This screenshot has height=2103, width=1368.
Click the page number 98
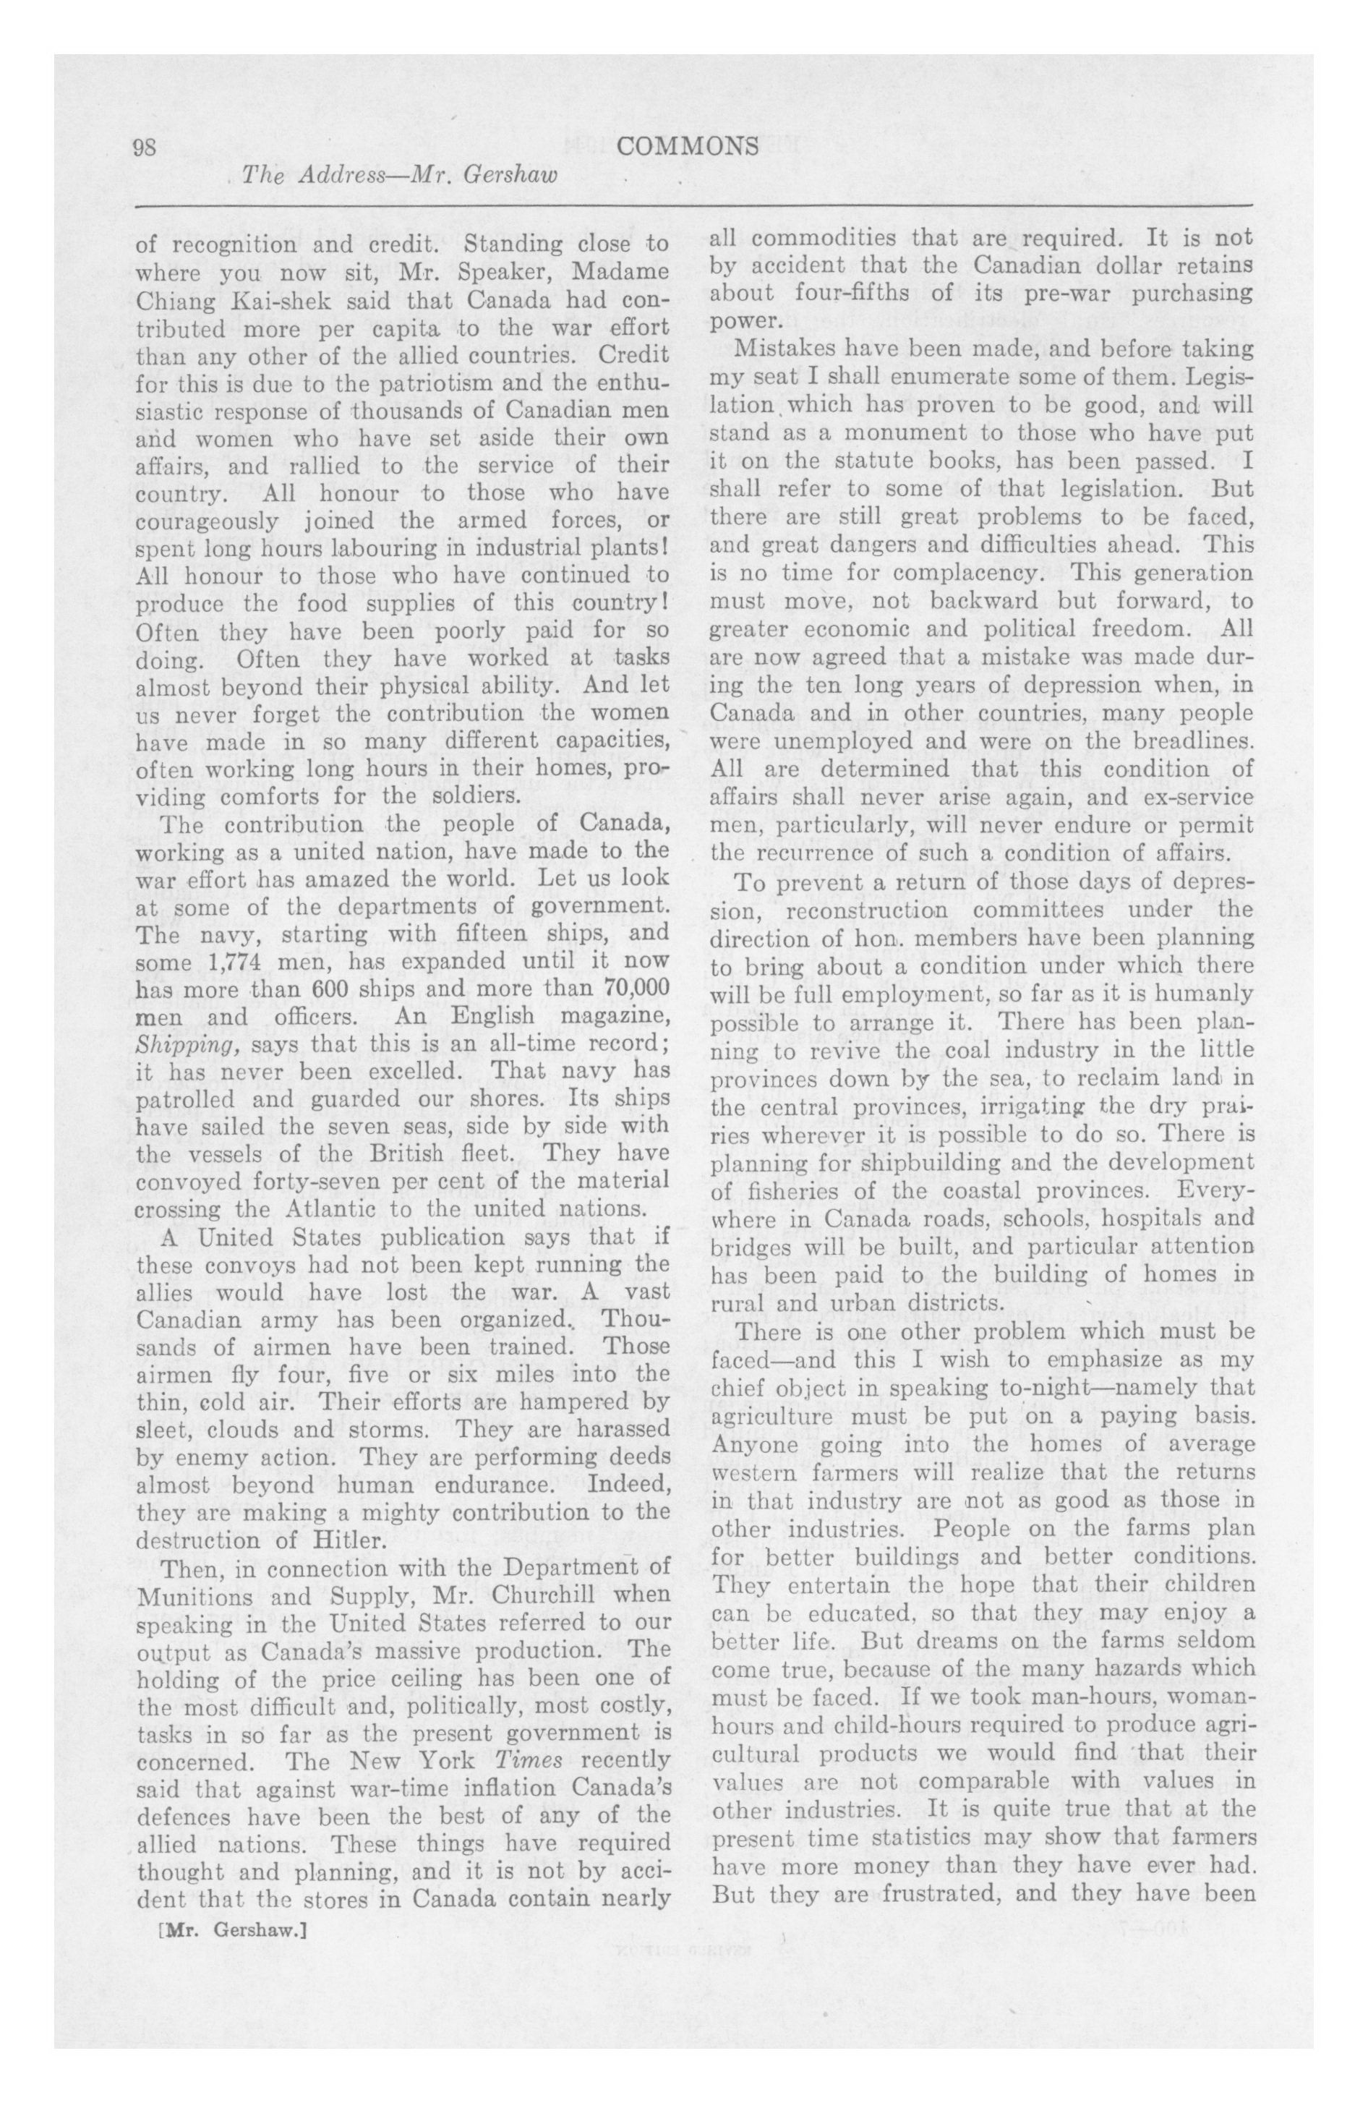point(144,147)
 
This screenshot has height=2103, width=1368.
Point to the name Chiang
point(171,299)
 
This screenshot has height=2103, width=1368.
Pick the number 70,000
point(629,989)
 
